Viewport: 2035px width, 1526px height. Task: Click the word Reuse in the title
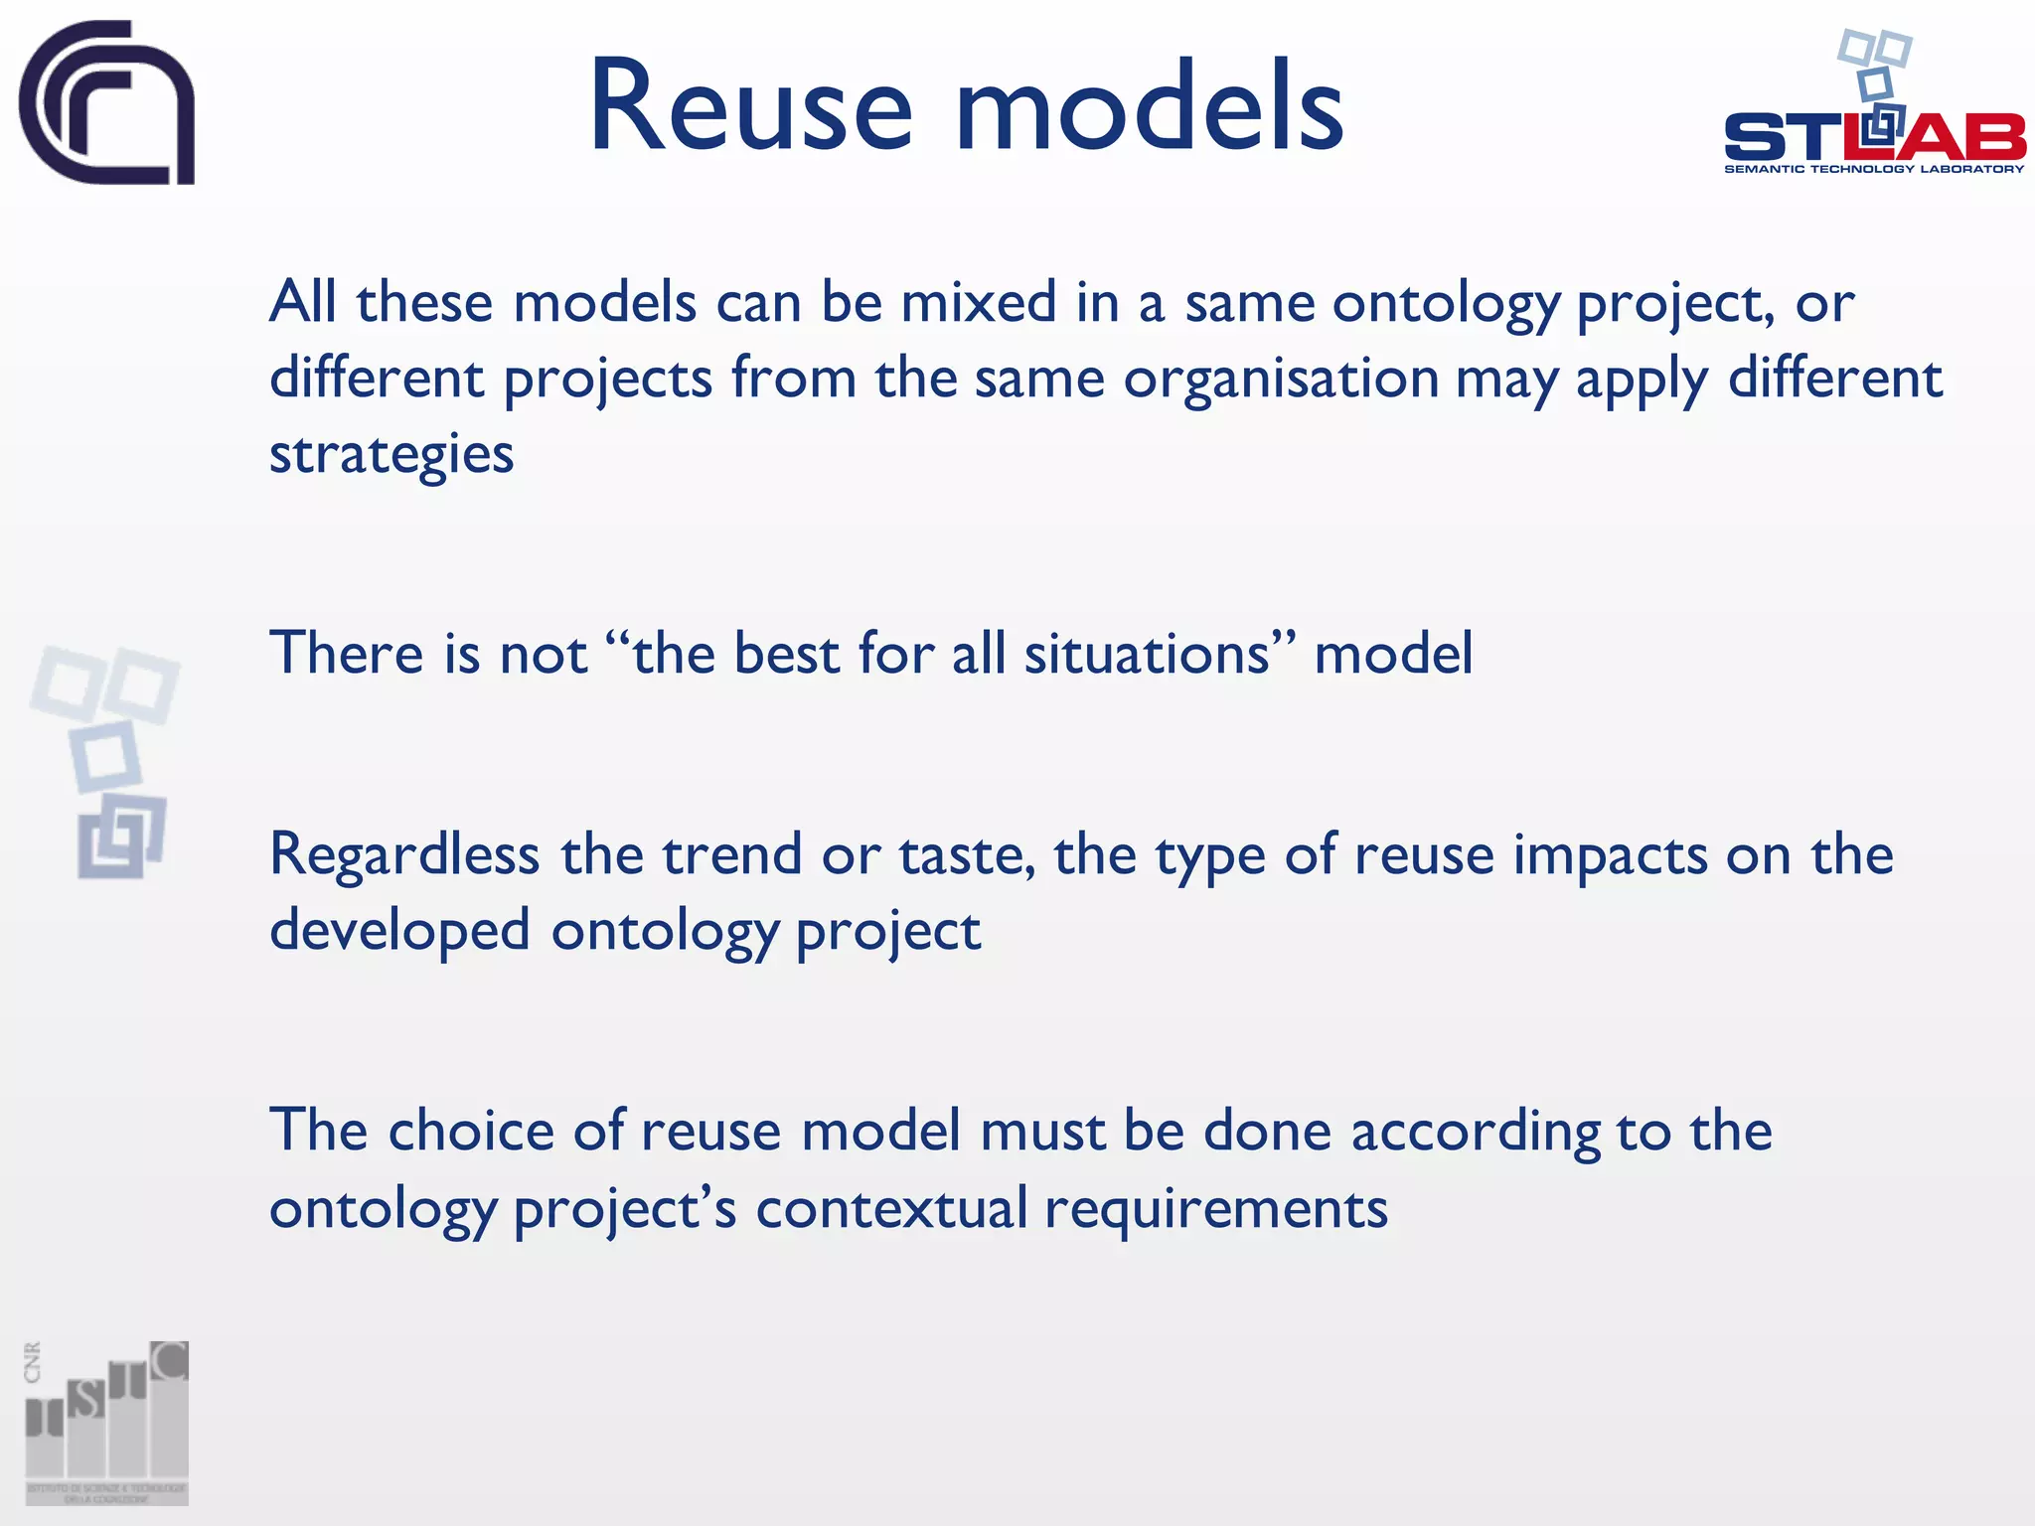(x=750, y=107)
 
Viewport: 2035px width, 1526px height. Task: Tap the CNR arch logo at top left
(x=106, y=102)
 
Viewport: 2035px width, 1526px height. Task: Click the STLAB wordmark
(x=1874, y=138)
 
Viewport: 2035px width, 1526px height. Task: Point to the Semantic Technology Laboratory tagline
(x=1874, y=169)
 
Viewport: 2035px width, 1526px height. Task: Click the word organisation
(x=1281, y=379)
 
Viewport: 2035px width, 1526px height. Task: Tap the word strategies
(x=391, y=455)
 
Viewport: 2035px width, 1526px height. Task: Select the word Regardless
(x=404, y=855)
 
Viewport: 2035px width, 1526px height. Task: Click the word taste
(x=965, y=855)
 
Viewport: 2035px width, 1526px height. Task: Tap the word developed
(x=399, y=932)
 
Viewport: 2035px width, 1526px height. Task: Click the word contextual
(x=891, y=1209)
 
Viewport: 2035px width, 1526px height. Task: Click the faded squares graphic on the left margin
(x=106, y=760)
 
